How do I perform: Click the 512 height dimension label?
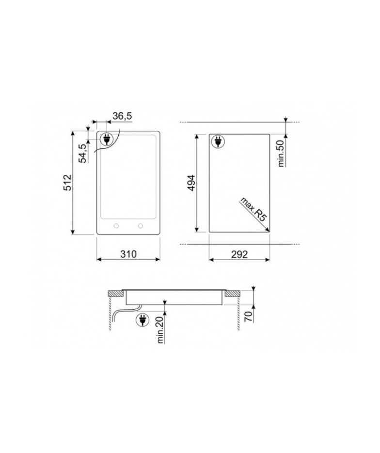click(x=67, y=182)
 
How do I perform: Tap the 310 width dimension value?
click(x=128, y=254)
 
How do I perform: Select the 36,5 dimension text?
click(x=122, y=116)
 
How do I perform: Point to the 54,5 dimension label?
click(x=83, y=154)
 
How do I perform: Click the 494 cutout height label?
click(x=191, y=183)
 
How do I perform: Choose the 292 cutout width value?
click(x=239, y=254)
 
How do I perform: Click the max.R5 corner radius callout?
click(x=253, y=209)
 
